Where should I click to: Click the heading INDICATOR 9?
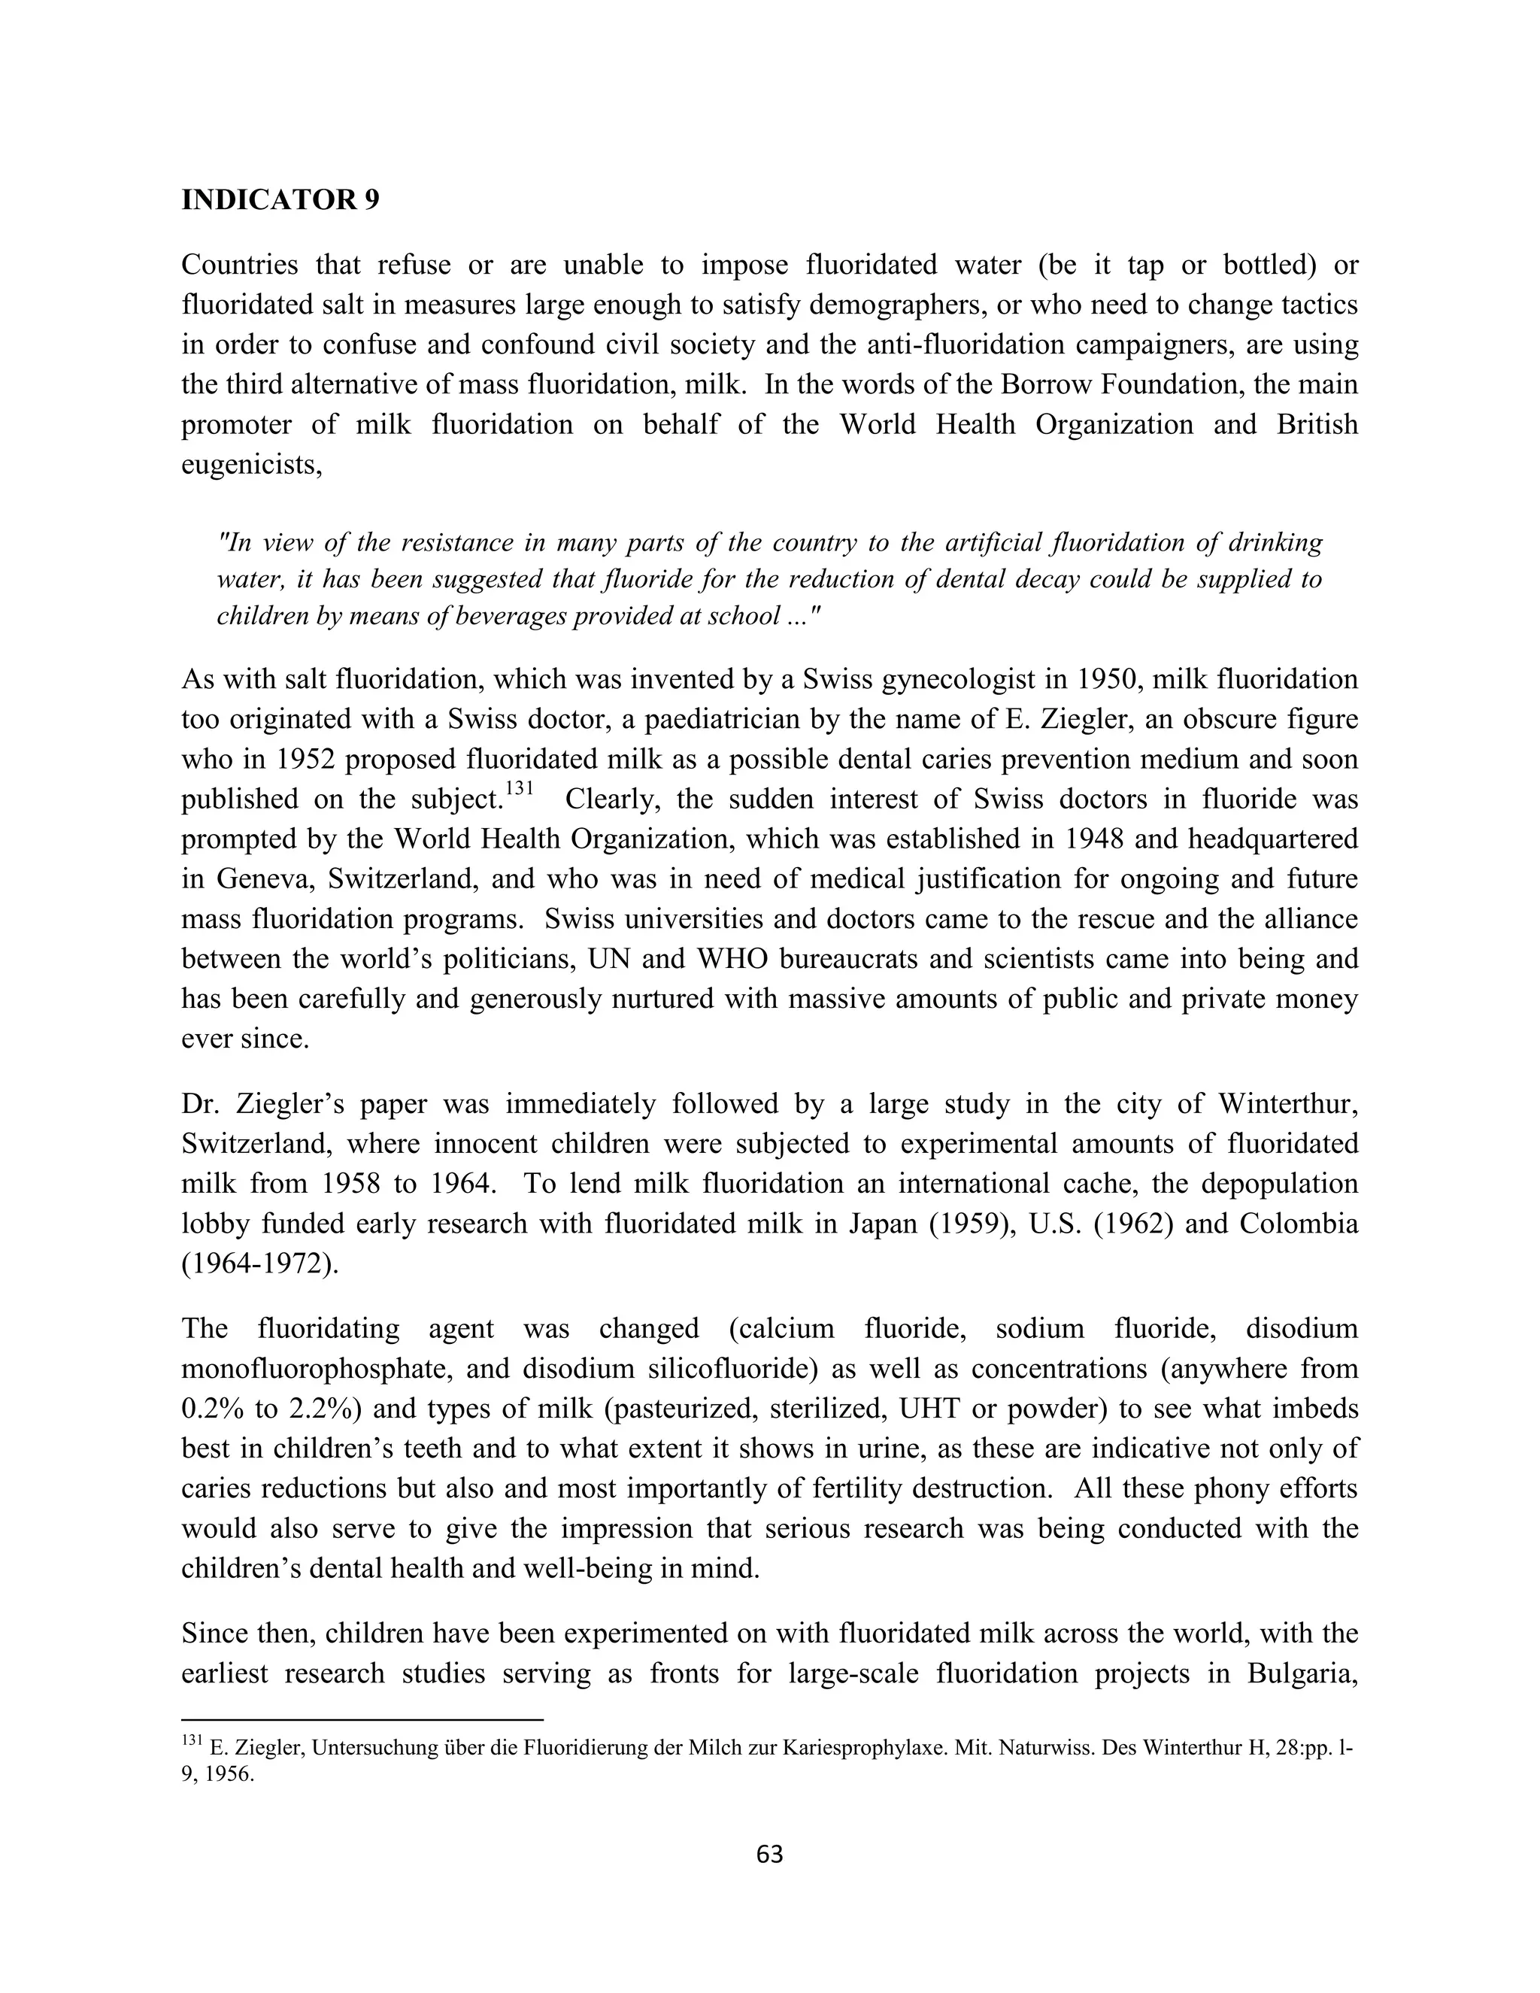pyautogui.click(x=280, y=200)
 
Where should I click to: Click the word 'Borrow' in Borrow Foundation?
pyautogui.click(x=1039, y=384)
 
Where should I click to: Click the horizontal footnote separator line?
pyautogui.click(x=362, y=1718)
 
